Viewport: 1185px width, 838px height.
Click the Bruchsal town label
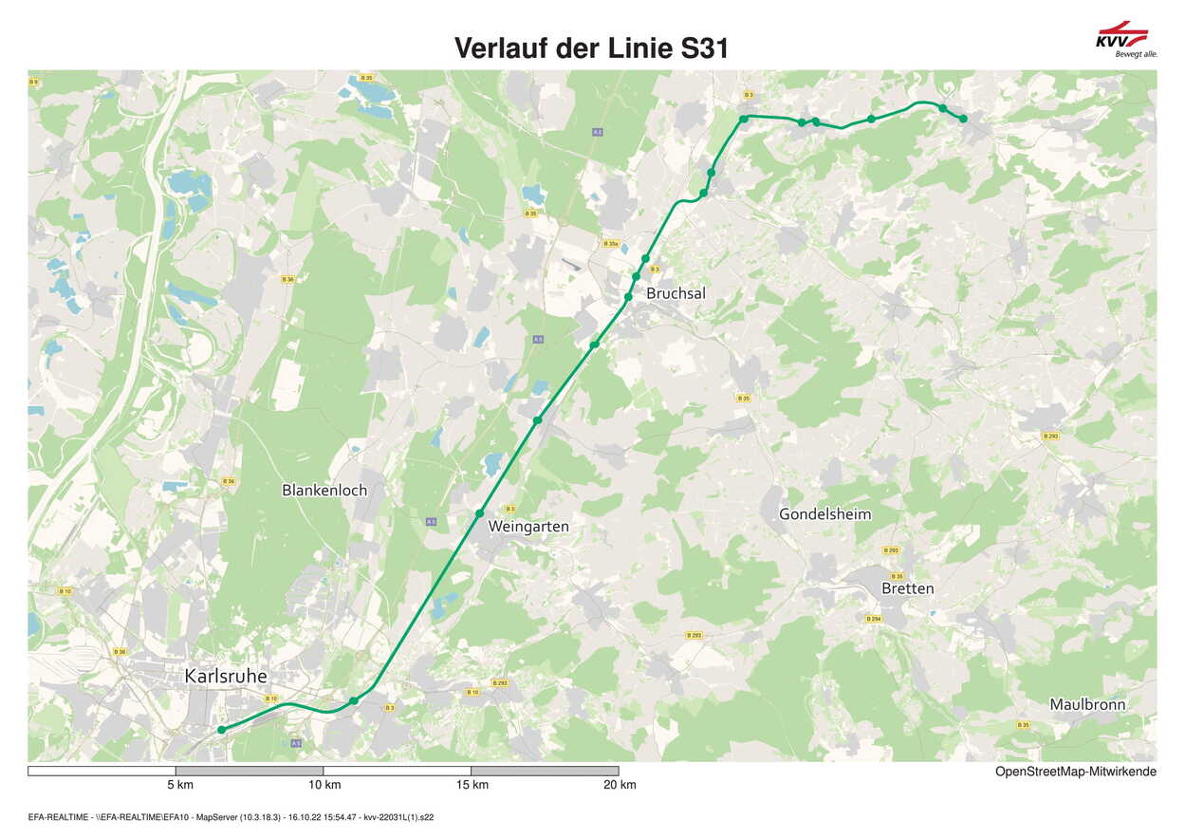[x=676, y=294]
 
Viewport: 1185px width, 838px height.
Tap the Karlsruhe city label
[x=226, y=676]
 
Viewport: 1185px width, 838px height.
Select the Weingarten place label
[x=528, y=526]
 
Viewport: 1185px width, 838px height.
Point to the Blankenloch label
[x=324, y=491]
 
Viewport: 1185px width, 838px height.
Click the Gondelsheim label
[x=824, y=514]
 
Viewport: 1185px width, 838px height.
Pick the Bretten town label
[x=907, y=588]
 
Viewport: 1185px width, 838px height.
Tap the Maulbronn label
[x=1087, y=704]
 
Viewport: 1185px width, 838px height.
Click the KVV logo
[x=1122, y=38]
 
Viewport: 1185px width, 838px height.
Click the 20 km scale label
[x=620, y=785]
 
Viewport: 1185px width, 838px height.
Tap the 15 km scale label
[x=472, y=785]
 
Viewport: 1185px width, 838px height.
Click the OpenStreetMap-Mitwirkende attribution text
[x=1075, y=772]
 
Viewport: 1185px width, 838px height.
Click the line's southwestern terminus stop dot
[x=221, y=730]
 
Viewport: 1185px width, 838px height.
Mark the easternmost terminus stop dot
[x=963, y=119]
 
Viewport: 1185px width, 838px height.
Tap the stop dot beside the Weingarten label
[x=480, y=513]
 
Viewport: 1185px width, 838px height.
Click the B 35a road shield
[x=611, y=244]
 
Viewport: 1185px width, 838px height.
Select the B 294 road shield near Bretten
[x=873, y=619]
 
